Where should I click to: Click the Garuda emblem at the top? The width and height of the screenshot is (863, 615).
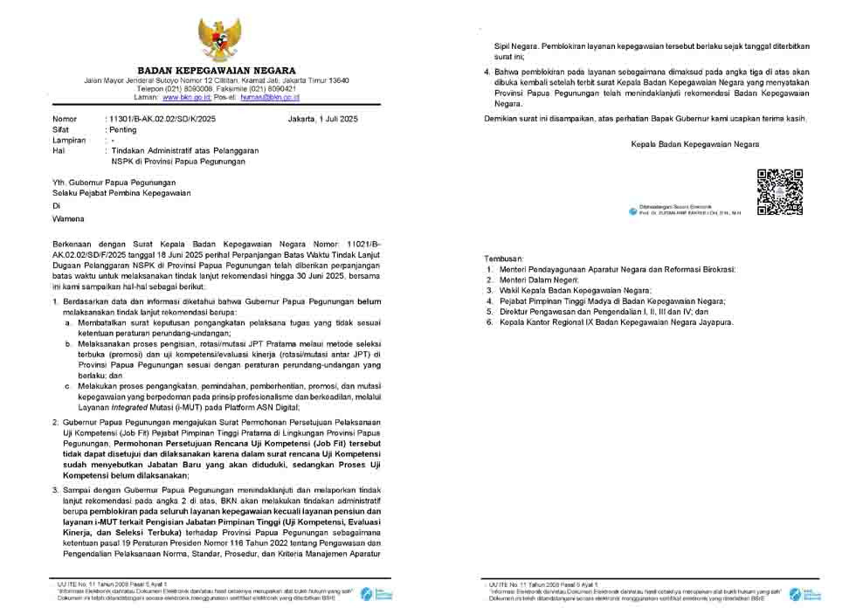[216, 37]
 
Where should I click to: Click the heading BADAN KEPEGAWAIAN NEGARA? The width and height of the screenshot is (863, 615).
[216, 71]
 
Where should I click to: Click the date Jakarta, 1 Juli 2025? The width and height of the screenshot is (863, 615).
[321, 119]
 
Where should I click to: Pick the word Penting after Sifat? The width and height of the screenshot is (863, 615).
[123, 129]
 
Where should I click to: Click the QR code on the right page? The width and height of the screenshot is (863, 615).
[779, 191]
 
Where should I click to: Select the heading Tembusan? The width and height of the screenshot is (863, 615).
[504, 259]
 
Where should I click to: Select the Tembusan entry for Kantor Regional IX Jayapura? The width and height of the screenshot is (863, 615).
[615, 322]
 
